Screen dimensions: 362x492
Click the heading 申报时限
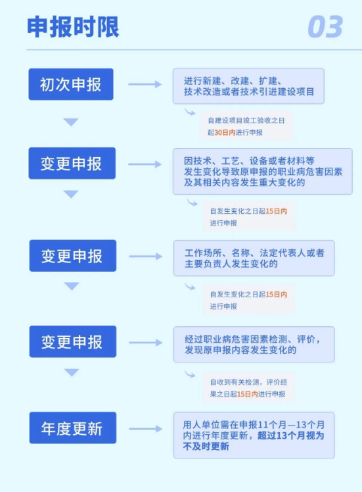73,27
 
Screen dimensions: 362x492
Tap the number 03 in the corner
325,27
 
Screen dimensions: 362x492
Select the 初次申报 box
71,84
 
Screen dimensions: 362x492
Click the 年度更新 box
73,428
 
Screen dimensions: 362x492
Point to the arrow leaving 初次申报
145,84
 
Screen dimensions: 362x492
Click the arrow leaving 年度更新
145,429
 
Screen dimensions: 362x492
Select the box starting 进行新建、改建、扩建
248,86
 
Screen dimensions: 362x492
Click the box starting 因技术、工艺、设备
263,171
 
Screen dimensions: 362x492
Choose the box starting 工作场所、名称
254,258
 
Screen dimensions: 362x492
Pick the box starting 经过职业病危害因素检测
254,344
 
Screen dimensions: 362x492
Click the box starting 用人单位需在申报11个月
254,435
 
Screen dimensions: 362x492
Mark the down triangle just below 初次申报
71,122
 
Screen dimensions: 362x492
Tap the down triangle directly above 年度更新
72,372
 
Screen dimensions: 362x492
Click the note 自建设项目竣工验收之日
246,120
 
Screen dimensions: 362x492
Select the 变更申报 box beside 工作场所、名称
73,256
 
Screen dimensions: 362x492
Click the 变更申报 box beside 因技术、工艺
72,163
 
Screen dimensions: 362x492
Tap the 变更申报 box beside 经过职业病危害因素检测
73,341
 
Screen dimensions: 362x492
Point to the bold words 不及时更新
206,446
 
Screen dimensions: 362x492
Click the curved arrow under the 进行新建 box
190,112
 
